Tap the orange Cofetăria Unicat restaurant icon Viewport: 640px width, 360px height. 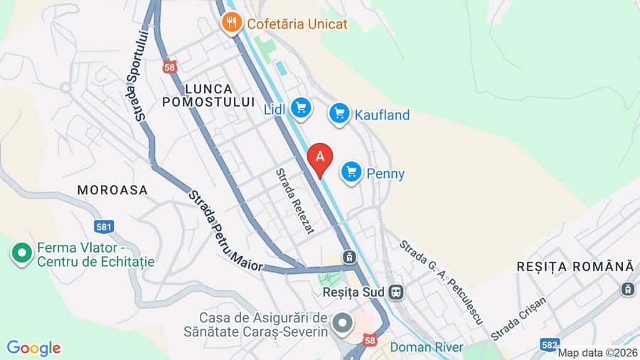click(x=231, y=23)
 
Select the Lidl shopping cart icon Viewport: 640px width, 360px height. click(x=301, y=108)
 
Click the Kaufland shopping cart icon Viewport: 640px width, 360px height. click(x=339, y=113)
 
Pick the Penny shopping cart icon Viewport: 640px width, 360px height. click(x=351, y=172)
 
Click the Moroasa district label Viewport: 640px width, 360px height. click(x=112, y=190)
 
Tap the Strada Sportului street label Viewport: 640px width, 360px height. click(x=142, y=75)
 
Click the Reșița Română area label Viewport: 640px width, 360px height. click(x=575, y=266)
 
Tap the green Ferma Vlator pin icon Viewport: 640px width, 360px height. click(x=21, y=253)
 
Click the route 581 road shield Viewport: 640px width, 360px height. click(x=104, y=227)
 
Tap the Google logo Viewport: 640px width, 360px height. click(x=33, y=348)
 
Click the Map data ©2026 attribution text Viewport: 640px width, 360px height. click(x=597, y=353)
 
